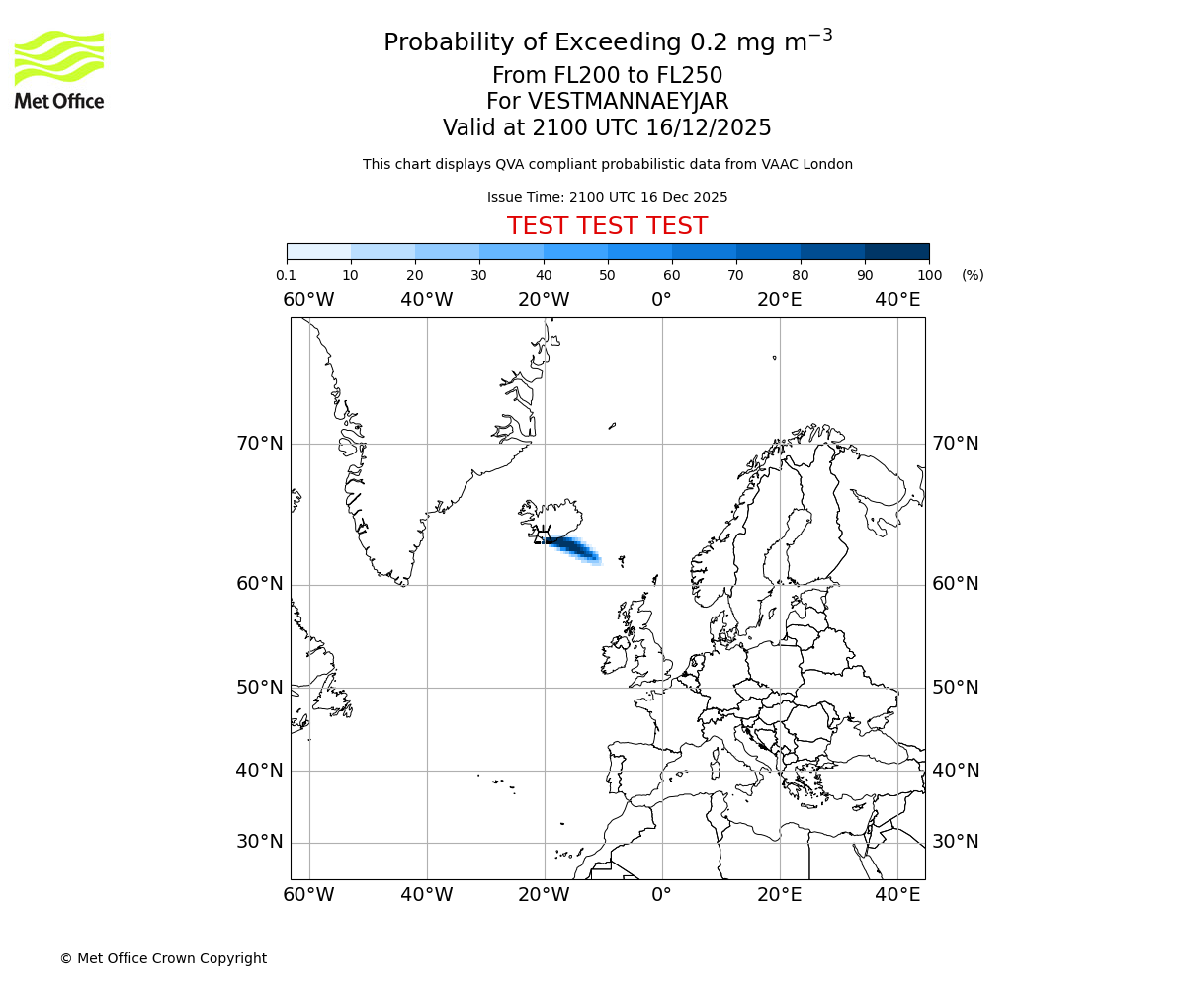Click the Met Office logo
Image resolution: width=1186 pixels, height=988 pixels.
point(59,69)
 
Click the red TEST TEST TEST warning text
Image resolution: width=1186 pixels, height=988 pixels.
point(607,226)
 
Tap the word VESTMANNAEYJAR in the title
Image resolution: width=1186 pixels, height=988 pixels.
point(629,102)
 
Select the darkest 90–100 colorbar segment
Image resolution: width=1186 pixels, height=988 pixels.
point(896,251)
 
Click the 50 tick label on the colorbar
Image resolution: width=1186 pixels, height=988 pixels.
point(607,275)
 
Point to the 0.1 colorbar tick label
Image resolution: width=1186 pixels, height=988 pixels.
point(286,275)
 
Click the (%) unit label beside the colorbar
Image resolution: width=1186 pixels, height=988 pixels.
point(973,275)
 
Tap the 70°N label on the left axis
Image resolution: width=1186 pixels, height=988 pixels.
point(260,444)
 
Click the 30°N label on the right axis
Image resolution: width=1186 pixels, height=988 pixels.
point(956,842)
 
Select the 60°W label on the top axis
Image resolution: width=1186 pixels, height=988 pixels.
point(308,300)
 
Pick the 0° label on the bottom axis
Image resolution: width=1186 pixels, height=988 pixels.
point(661,895)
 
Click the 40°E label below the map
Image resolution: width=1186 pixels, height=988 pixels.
point(897,895)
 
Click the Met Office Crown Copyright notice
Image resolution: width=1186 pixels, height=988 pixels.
point(163,958)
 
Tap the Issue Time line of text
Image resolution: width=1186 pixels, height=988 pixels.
point(607,197)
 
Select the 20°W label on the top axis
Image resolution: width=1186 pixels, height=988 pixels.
point(544,300)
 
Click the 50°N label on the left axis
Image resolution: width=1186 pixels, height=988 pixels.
point(260,688)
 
